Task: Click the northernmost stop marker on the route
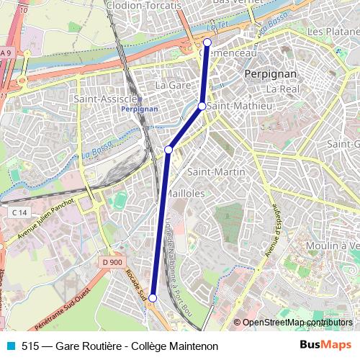[x=207, y=42]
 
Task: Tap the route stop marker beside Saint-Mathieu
[x=202, y=107]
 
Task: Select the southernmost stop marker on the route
[x=153, y=297]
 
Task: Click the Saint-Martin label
[x=216, y=171]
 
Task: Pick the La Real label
[x=282, y=89]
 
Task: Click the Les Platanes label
[x=333, y=32]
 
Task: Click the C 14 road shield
[x=19, y=212]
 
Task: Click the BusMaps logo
[x=325, y=346]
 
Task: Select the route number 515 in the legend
[x=30, y=346]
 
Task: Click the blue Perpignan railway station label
[x=140, y=109]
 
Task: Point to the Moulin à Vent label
[x=332, y=246]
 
